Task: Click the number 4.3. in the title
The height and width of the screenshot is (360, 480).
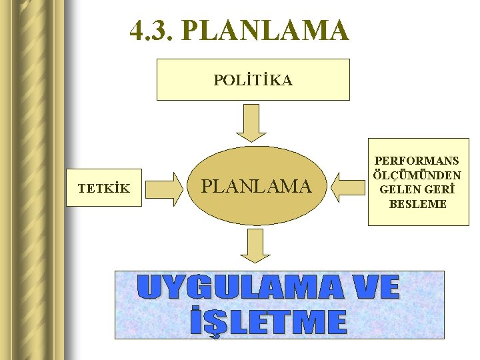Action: [151, 31]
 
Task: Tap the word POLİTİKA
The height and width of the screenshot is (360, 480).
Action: [253, 81]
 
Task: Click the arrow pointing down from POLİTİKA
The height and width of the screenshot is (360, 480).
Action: [251, 123]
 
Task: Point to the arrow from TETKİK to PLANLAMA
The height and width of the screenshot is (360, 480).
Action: [165, 188]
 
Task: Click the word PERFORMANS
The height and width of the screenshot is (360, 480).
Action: [417, 161]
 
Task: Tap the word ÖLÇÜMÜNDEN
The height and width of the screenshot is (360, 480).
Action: [417, 175]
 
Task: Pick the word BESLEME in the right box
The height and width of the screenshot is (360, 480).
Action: [417, 203]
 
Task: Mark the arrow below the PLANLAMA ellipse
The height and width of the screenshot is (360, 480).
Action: [255, 246]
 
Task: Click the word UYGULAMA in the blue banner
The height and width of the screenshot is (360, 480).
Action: [239, 288]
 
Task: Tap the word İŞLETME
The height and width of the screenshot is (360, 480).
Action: [269, 323]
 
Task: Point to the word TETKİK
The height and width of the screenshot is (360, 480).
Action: [103, 189]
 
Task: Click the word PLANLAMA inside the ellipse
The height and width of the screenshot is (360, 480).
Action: [257, 187]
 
